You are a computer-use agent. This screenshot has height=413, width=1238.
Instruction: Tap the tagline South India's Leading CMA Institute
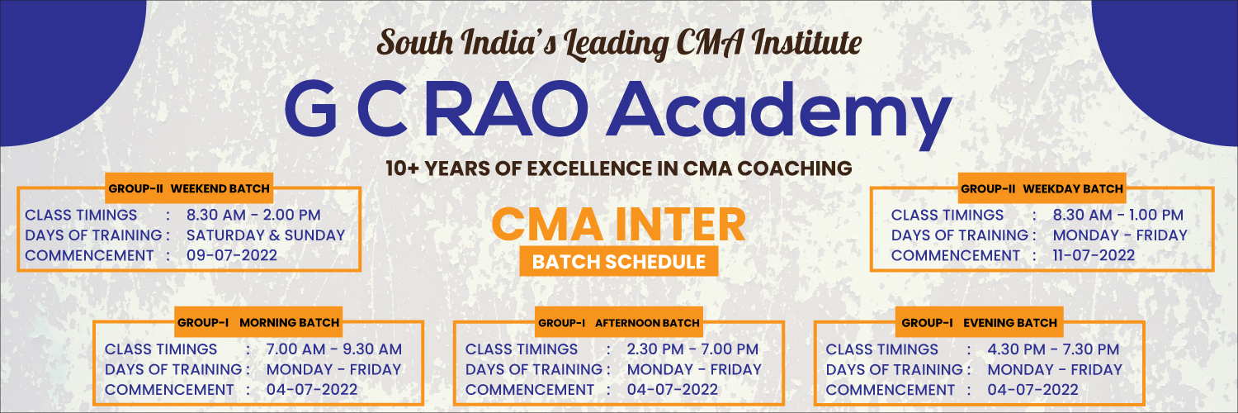(x=619, y=44)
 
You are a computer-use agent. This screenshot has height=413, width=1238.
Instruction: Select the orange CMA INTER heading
(x=618, y=225)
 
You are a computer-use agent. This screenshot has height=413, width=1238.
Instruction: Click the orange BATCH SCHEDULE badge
(x=618, y=262)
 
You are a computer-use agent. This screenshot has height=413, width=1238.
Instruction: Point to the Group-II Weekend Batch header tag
(x=189, y=188)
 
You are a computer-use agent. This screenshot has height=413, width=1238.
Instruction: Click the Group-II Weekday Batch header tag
(x=1042, y=188)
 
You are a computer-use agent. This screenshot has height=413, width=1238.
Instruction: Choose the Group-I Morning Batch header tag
(x=258, y=322)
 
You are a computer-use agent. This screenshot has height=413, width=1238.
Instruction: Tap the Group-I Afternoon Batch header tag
(x=619, y=322)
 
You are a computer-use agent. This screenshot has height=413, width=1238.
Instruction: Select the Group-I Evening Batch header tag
(x=980, y=322)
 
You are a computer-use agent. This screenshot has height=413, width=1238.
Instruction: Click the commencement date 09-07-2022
(x=232, y=255)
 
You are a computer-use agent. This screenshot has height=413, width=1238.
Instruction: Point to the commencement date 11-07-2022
(x=1094, y=255)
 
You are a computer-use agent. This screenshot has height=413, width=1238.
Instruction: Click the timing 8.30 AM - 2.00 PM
(x=253, y=215)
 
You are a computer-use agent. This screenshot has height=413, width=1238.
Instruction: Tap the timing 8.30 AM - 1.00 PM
(x=1118, y=215)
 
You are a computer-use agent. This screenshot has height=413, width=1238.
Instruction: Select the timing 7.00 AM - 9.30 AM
(x=333, y=349)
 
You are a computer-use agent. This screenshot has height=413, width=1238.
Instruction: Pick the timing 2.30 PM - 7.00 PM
(x=692, y=349)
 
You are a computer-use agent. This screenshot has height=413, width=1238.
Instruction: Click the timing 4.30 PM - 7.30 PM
(x=1053, y=349)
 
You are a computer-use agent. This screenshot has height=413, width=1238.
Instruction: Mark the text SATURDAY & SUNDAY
(x=265, y=235)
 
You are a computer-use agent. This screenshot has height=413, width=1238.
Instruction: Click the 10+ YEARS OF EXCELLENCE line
(x=619, y=168)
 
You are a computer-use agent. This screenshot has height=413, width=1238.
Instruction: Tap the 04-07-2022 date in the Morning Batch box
(x=312, y=390)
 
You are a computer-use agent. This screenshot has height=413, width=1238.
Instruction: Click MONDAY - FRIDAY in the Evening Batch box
(x=1055, y=369)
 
